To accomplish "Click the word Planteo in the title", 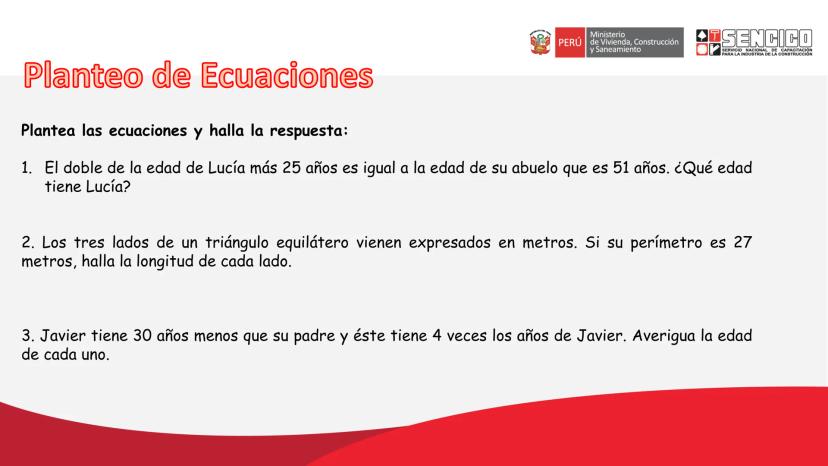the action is click(83, 75).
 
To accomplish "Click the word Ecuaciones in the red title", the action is click(287, 75).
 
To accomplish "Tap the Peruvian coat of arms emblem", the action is click(540, 42).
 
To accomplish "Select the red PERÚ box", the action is click(570, 42).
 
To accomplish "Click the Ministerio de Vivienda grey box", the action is click(634, 42).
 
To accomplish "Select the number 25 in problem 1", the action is click(291, 167).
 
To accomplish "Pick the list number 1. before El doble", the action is click(26, 168).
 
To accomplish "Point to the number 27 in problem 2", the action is click(742, 242).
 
